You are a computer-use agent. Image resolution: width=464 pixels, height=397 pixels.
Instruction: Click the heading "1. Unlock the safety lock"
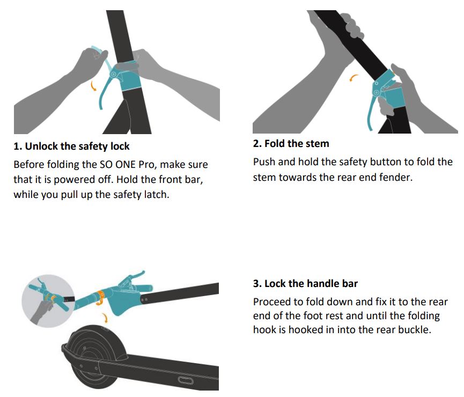72,146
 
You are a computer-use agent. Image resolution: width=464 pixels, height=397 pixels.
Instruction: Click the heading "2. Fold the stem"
291,144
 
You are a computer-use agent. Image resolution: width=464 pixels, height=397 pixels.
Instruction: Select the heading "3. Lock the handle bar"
305,284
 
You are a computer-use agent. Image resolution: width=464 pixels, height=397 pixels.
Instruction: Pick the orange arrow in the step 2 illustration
353,78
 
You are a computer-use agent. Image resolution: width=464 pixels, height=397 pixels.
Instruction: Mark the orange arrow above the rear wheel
105,318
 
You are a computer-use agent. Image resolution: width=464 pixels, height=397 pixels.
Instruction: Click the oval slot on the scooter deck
186,381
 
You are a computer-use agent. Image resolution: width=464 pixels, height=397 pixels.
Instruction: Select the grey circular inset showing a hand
48,300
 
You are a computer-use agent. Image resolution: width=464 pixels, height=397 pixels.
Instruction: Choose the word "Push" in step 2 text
264,162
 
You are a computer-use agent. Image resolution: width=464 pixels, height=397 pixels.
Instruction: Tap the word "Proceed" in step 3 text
272,302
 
